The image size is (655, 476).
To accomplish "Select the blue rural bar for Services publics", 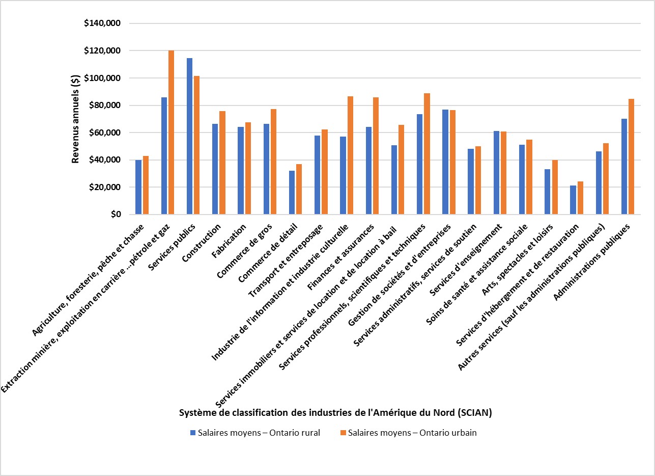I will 189,137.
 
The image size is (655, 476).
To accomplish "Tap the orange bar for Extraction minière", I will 171,133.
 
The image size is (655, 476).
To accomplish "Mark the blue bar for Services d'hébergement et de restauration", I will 573,200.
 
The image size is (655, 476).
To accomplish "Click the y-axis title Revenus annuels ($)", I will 75,119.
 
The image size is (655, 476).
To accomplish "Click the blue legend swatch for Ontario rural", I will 193,433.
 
